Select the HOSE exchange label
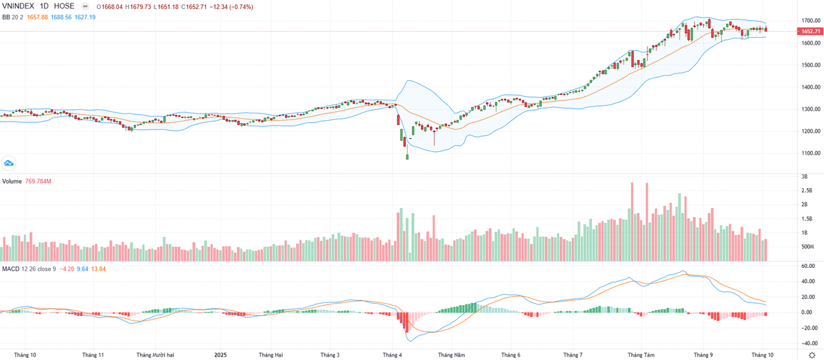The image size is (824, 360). (64, 5)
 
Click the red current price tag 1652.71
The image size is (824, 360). (810, 32)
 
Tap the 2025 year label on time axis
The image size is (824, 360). (220, 355)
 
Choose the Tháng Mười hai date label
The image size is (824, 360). (155, 355)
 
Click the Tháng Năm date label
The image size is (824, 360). (452, 355)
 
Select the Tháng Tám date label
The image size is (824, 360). (641, 355)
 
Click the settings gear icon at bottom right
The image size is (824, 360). (811, 355)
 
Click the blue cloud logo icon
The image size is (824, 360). (9, 163)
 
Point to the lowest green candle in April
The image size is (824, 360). (407, 157)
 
